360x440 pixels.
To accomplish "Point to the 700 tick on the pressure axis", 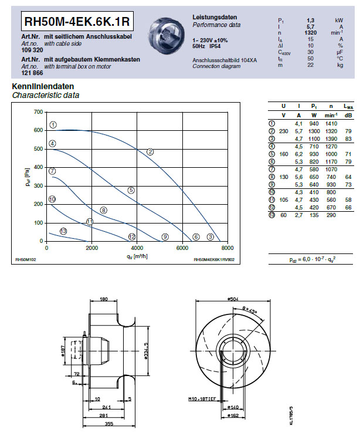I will [x=38, y=111].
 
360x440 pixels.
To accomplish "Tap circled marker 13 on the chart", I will [x=63, y=231].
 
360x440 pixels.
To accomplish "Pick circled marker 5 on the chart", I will [x=131, y=190].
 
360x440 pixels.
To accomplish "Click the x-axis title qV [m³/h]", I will [x=136, y=256].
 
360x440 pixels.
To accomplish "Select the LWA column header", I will [x=348, y=106].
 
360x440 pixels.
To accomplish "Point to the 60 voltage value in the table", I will [x=283, y=232].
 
